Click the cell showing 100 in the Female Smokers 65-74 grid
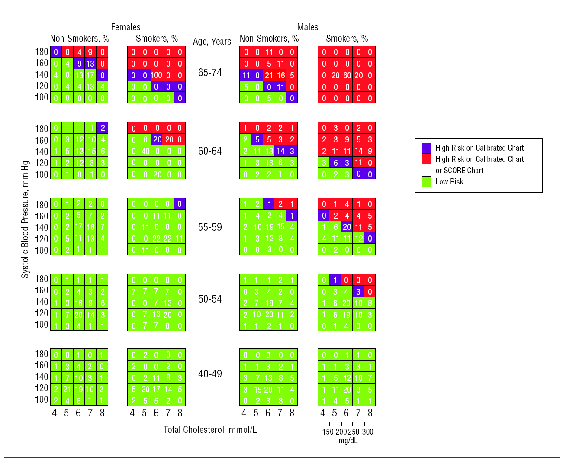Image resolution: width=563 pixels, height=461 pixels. [x=156, y=75]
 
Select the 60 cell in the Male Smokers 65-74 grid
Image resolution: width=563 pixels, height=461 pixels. [x=347, y=75]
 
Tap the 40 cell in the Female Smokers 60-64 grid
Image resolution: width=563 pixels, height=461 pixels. [x=145, y=151]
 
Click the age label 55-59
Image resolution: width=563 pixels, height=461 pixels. [x=210, y=227]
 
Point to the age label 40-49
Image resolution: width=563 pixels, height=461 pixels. [x=210, y=374]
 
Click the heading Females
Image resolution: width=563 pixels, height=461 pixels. [x=125, y=27]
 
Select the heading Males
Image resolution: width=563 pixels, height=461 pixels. [x=307, y=27]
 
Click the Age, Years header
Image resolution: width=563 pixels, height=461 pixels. [x=212, y=41]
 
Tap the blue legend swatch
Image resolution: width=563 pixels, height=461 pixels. [x=427, y=148]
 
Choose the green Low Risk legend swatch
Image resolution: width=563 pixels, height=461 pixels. [x=427, y=181]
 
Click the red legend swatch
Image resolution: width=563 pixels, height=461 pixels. [x=427, y=159]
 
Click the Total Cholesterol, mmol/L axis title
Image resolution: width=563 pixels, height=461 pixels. [x=210, y=429]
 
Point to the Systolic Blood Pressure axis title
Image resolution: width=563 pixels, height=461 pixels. [x=26, y=219]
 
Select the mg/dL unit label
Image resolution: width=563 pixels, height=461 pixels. [x=347, y=441]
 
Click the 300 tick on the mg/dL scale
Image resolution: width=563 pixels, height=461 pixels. [x=367, y=432]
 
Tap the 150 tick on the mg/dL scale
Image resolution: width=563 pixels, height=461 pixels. [x=328, y=432]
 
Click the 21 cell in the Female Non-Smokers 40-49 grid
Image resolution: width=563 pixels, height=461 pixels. [x=67, y=389]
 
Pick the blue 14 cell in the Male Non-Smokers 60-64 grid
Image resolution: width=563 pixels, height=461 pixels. [x=280, y=151]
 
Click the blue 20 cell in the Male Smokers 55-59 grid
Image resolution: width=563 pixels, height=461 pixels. [x=347, y=227]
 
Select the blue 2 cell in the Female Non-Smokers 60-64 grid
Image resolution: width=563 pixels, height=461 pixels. [x=102, y=128]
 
